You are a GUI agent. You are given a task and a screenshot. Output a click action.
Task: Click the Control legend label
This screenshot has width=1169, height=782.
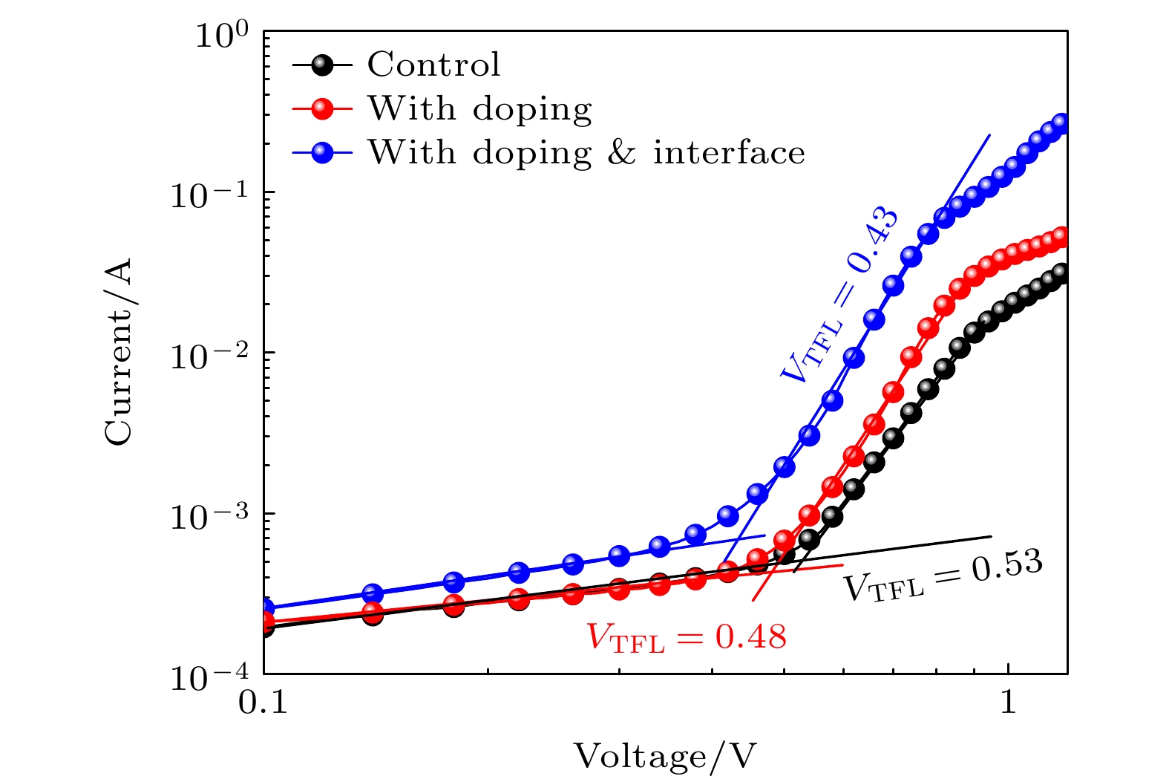(x=433, y=65)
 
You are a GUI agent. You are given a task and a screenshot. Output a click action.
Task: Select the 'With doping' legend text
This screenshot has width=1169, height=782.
(x=479, y=109)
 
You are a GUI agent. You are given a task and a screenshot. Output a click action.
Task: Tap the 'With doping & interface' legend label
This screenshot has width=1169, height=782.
(x=586, y=153)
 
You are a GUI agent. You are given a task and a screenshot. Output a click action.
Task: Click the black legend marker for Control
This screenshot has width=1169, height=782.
(x=321, y=65)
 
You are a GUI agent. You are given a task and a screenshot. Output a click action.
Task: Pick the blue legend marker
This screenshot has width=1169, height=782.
(x=321, y=154)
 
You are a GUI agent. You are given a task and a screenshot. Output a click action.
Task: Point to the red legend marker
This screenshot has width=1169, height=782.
(x=321, y=109)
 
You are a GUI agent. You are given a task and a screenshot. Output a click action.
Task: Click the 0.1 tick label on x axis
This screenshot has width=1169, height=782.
(x=263, y=703)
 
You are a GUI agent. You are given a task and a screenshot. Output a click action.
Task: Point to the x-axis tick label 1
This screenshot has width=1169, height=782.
(x=1008, y=703)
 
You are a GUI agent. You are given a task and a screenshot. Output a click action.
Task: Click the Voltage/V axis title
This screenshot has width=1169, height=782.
(x=665, y=757)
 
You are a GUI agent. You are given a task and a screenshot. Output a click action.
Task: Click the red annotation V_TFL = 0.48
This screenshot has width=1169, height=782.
(x=687, y=637)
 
